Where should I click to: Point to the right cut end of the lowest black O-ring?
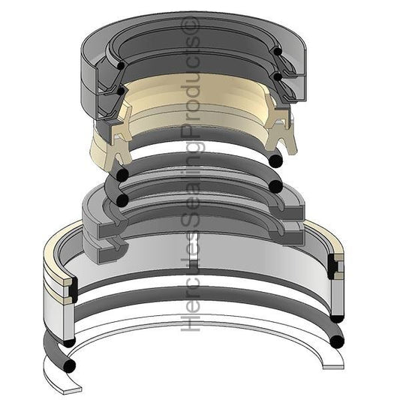click(337, 342)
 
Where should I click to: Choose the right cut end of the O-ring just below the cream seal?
click(275, 161)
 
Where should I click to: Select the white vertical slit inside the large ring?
click(194, 263)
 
